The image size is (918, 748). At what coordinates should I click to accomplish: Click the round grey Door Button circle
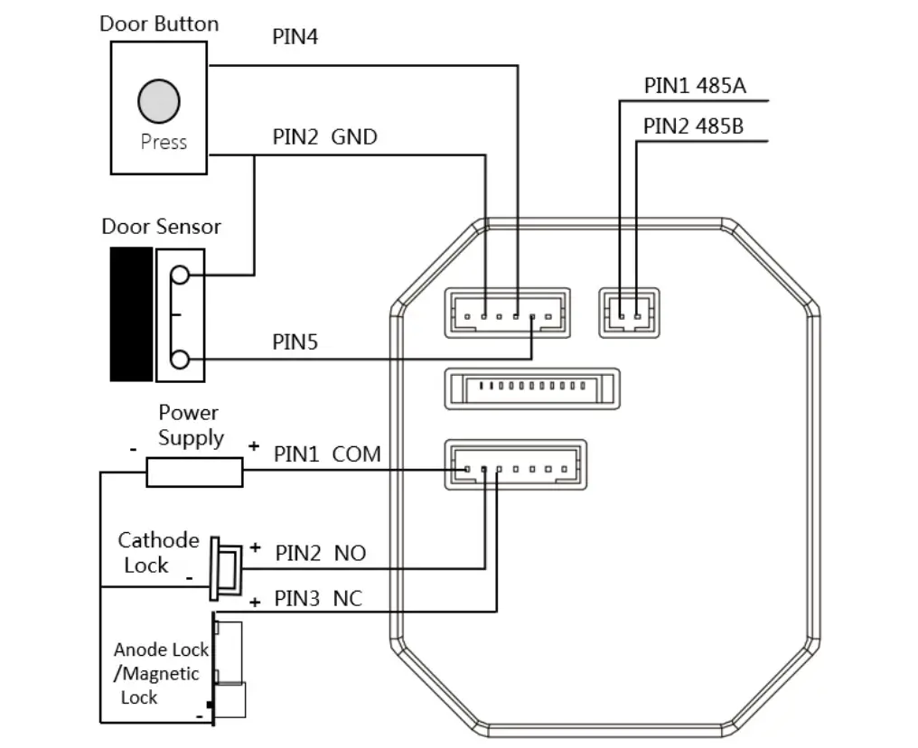pyautogui.click(x=158, y=100)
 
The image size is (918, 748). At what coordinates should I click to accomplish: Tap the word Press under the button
pyautogui.click(x=164, y=142)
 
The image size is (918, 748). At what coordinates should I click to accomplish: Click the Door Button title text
pyautogui.click(x=159, y=24)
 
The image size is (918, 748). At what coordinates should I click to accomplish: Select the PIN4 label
pyautogui.click(x=295, y=37)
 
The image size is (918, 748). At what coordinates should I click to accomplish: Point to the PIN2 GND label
pyautogui.click(x=324, y=137)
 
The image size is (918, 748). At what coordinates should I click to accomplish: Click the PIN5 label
pyautogui.click(x=295, y=342)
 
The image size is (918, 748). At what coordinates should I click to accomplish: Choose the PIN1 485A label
pyautogui.click(x=694, y=86)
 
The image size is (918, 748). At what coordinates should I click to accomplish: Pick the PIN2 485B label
pyautogui.click(x=694, y=126)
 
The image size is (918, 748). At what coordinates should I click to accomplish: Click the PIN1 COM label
pyautogui.click(x=327, y=453)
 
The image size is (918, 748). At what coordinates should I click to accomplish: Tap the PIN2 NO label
pyautogui.click(x=321, y=553)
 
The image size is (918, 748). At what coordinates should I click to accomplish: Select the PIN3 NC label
pyautogui.click(x=320, y=599)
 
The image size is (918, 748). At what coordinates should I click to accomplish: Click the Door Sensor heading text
pyautogui.click(x=161, y=226)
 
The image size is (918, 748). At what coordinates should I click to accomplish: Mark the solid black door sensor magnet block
pyautogui.click(x=131, y=313)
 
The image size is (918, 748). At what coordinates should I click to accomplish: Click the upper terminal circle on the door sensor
pyautogui.click(x=180, y=275)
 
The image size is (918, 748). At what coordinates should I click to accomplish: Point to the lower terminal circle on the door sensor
pyautogui.click(x=180, y=360)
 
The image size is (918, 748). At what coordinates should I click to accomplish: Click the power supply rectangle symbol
pyautogui.click(x=194, y=472)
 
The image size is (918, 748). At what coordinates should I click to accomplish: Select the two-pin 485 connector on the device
pyautogui.click(x=629, y=313)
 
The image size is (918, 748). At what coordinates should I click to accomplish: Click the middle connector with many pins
pyautogui.click(x=531, y=388)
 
